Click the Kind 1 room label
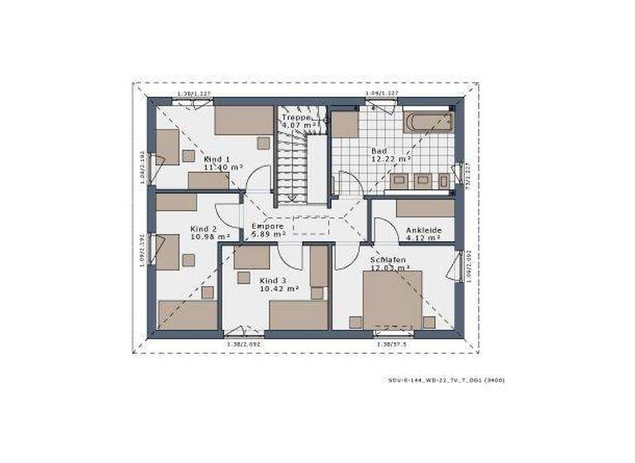[x=217, y=158]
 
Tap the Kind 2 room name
[x=203, y=228]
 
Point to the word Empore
[x=268, y=226]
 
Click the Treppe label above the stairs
[x=295, y=117]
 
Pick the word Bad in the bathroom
[x=380, y=150]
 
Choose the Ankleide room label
[x=423, y=230]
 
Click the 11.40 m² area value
[x=222, y=166]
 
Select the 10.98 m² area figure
[x=208, y=236]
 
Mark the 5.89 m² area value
[x=269, y=234]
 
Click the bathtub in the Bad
[x=427, y=122]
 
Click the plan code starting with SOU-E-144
[x=446, y=380]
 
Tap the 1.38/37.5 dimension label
[x=391, y=343]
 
